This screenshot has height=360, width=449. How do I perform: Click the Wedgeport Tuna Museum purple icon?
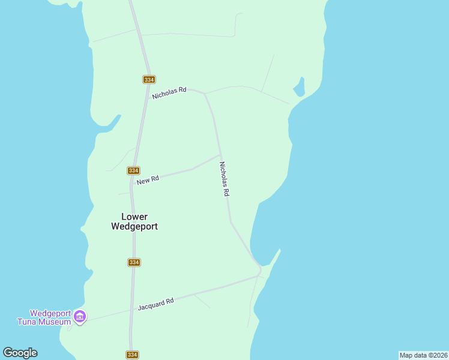(x=79, y=316)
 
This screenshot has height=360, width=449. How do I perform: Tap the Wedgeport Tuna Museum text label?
(x=50, y=317)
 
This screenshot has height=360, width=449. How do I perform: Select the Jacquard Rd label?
(x=155, y=304)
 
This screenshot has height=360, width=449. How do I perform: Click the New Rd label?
(x=147, y=180)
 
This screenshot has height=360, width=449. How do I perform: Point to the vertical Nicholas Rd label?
(x=224, y=179)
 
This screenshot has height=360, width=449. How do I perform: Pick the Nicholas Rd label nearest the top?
(x=169, y=93)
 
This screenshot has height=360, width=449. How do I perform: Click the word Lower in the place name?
(x=134, y=217)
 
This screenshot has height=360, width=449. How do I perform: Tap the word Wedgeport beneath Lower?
(x=134, y=227)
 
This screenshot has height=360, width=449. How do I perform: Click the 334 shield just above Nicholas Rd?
(x=149, y=80)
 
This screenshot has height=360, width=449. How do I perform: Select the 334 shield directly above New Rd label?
(x=134, y=170)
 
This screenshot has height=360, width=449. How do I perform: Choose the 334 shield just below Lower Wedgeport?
(x=134, y=262)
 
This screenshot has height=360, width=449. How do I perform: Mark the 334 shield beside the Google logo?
(x=133, y=355)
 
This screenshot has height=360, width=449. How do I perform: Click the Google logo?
(x=20, y=353)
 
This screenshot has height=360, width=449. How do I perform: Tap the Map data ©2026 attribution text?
(x=423, y=355)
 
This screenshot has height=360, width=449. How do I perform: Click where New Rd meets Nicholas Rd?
(x=220, y=155)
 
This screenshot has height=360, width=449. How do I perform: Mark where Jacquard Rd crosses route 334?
(x=131, y=310)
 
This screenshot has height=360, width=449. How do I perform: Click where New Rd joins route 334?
(x=134, y=191)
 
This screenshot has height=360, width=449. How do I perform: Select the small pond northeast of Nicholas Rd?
(x=298, y=88)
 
